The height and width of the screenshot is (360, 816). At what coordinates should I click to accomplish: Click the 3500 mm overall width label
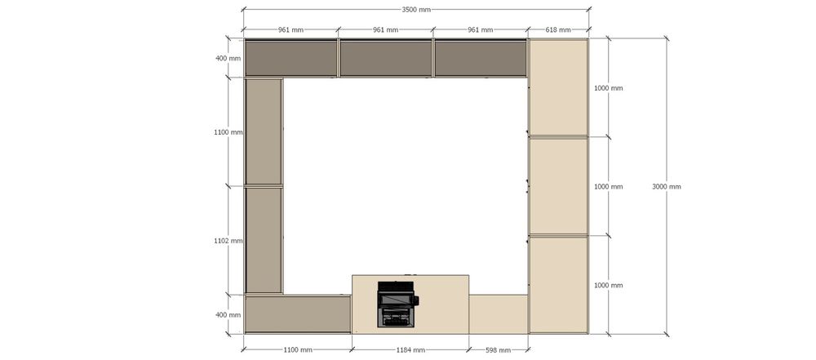pos(416,9)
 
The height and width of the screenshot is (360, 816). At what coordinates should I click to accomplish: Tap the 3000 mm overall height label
pos(666,186)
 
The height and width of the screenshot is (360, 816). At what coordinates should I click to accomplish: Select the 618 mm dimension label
pos(558,29)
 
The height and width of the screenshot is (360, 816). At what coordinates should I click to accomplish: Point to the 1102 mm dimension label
pos(228,241)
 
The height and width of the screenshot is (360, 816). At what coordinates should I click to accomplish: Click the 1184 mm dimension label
pos(410,350)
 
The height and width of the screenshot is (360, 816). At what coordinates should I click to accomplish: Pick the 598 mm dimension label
pos(498,350)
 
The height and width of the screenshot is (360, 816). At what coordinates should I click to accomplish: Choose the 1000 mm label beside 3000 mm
pos(609,186)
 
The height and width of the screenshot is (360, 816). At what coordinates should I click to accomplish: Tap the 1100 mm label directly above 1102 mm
pos(228,132)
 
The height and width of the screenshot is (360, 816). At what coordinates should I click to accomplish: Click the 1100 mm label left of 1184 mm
pos(298,350)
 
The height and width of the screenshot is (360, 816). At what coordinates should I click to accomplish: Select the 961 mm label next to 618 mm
pos(480,29)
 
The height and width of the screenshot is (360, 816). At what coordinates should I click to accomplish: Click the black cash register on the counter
pos(397,304)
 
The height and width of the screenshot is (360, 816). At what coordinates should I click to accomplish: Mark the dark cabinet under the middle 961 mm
pos(386,58)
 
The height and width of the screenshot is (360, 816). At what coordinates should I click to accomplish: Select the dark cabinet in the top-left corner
pos(291,58)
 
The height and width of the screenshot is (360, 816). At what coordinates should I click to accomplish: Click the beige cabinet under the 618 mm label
pos(558,87)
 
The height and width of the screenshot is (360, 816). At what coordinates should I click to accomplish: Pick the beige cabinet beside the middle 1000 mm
pos(558,186)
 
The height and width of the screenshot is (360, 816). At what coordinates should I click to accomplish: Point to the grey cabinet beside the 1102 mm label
pos(264,240)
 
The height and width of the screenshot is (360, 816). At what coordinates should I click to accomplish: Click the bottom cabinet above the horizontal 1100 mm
pos(298,314)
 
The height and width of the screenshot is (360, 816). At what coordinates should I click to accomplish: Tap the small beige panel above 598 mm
pos(499,314)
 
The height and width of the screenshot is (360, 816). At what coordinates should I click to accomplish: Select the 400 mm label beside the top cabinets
pos(228,58)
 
